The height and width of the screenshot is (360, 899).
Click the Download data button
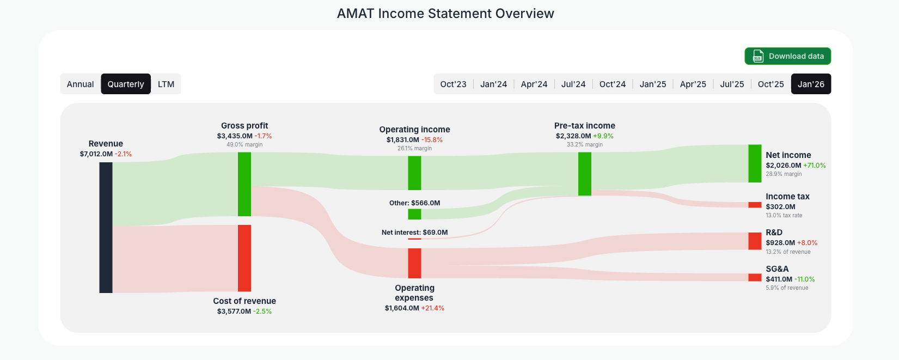pos(787,56)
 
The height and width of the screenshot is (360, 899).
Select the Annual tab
pos(80,84)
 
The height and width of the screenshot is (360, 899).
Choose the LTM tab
pos(166,84)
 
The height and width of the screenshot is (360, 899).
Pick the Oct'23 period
pos(453,84)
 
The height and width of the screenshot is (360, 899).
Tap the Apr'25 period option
pos(693,84)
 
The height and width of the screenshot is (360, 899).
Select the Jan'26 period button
pos(811,84)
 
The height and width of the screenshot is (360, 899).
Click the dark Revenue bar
pos(106,227)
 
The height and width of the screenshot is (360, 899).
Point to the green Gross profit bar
pos(244,184)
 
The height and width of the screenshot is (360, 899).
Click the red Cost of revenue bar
pos(244,258)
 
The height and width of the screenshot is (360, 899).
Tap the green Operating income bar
pos(414,173)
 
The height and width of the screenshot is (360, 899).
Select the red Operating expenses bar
pos(414,263)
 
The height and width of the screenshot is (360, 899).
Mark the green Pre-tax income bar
pos(584,174)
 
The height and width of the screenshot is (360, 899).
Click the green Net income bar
pos(755,163)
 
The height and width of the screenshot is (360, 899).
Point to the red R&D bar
pos(755,241)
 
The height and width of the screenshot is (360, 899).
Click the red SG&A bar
pos(755,277)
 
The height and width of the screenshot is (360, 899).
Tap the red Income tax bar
pos(755,205)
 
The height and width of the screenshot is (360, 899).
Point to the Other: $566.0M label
pos(414,203)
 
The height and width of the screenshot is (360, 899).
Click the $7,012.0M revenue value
pos(96,154)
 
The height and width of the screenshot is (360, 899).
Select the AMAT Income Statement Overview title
pos(445,14)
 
